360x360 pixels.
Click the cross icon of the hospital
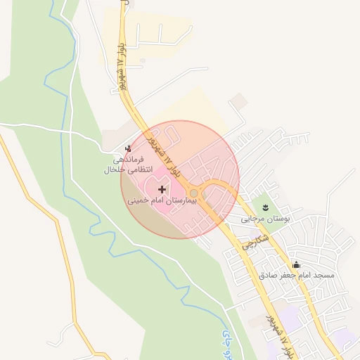tap(162, 189)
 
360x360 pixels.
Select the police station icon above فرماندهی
tap(127, 148)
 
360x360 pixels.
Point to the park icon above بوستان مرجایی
tap(265, 207)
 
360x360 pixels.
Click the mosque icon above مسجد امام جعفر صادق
tap(296, 264)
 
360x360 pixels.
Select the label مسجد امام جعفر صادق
tap(296, 276)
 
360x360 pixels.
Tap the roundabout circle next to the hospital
tap(194, 193)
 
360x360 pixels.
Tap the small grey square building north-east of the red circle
tap(240, 101)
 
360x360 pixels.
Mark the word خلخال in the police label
tap(113, 169)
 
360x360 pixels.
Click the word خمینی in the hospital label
tap(138, 201)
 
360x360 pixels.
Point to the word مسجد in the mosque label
tap(323, 276)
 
